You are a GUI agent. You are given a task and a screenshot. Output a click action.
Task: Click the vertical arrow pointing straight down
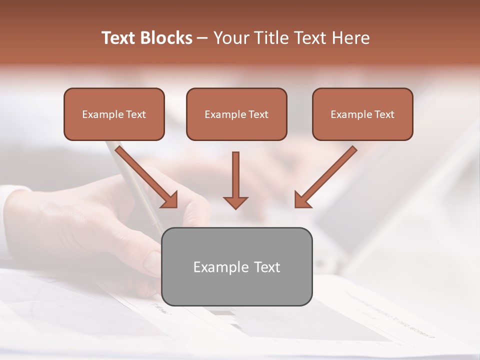click(x=235, y=175)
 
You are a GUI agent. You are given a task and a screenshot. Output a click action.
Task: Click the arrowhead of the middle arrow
click(x=235, y=202)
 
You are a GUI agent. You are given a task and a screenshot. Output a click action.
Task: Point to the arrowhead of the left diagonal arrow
click(x=170, y=200)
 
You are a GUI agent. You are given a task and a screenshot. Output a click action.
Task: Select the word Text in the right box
click(x=384, y=114)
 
